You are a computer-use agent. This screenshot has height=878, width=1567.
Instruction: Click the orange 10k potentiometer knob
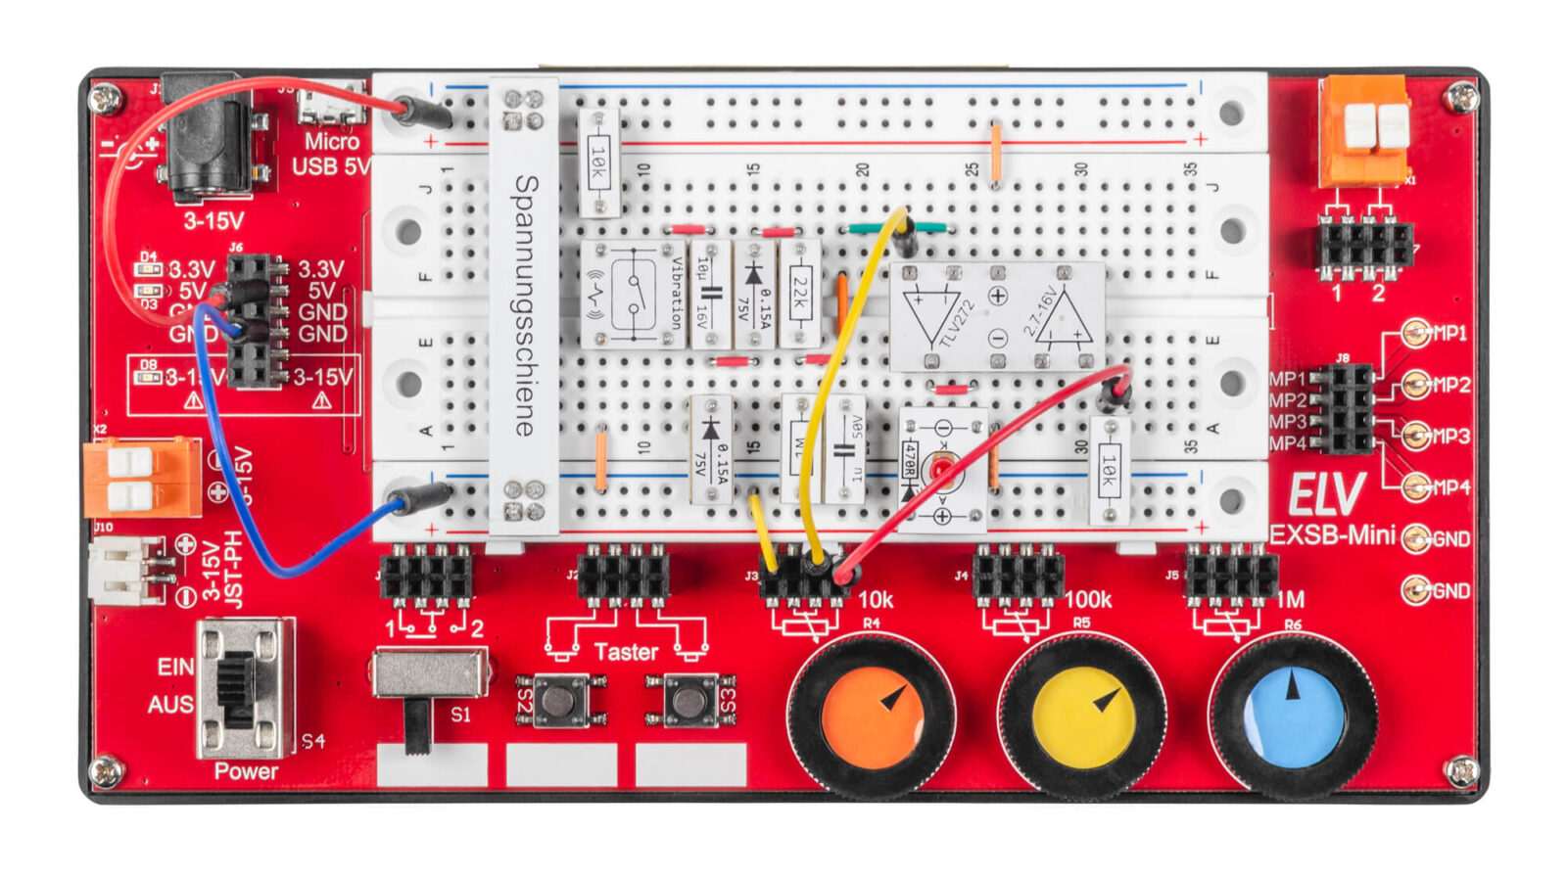click(871, 716)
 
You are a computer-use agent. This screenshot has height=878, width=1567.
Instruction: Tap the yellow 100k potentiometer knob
click(1082, 718)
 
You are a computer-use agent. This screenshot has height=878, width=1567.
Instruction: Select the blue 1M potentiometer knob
click(1293, 716)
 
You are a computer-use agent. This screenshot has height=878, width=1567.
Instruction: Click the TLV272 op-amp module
click(996, 315)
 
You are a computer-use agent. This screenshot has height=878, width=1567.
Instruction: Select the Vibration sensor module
click(633, 294)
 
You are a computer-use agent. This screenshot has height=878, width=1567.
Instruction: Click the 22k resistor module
click(800, 294)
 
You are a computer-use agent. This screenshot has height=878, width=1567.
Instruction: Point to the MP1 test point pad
click(1415, 334)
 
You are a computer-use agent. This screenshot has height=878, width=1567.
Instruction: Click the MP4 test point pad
click(1415, 486)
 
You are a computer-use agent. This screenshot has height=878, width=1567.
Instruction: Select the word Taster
click(626, 652)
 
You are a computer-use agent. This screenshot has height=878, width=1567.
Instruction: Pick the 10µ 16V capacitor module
click(710, 294)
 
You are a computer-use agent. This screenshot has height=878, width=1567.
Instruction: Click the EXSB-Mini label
click(1332, 534)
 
